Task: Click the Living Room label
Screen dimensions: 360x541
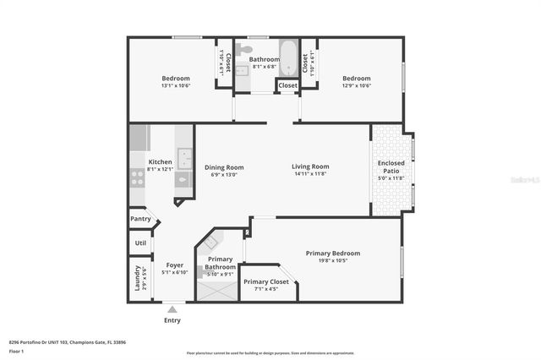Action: (310, 166)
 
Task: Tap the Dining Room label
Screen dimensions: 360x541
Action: (224, 167)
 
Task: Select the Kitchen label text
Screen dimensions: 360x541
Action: (160, 161)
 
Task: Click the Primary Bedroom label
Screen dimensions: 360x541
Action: (332, 253)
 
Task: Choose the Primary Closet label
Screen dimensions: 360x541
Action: (265, 281)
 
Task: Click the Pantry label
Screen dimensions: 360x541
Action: (140, 219)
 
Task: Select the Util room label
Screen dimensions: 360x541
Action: (140, 243)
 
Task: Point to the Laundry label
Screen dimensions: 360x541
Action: (137, 280)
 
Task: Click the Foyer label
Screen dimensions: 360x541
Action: (175, 265)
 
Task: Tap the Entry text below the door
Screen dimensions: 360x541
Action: (172, 320)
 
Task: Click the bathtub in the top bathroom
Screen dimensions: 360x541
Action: (288, 57)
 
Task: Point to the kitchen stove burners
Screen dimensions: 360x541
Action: (137, 177)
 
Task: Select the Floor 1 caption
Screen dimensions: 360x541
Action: (16, 350)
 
